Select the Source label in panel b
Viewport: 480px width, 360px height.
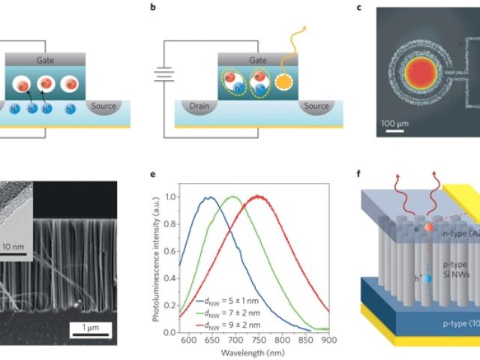316,106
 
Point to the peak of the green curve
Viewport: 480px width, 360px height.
232,197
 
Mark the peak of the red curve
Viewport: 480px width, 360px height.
259,196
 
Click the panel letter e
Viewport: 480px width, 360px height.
153,176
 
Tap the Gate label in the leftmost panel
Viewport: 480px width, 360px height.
36,59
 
